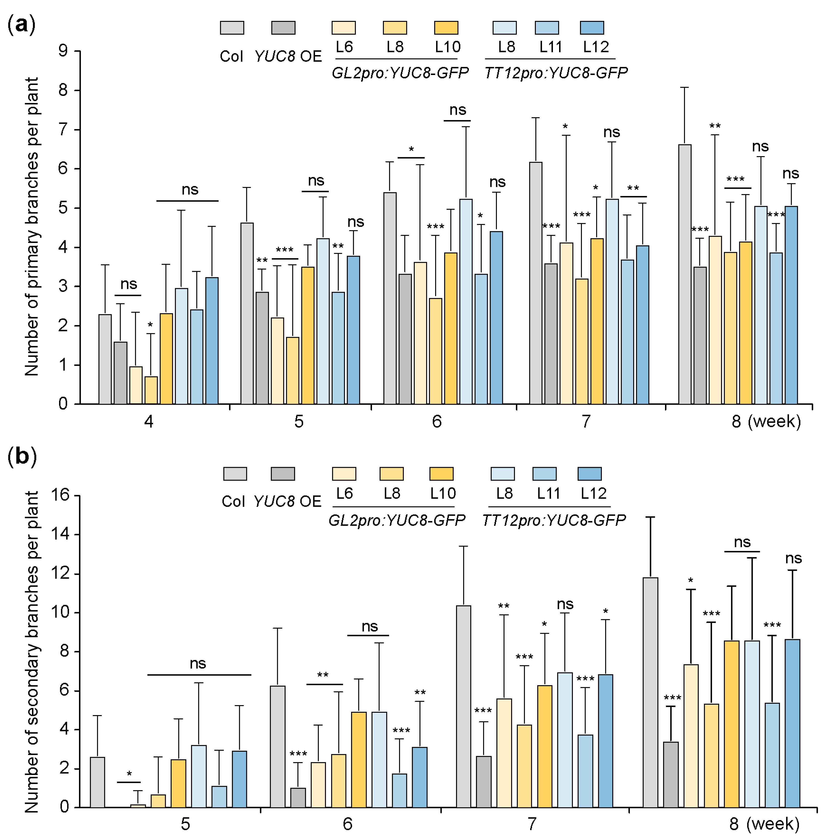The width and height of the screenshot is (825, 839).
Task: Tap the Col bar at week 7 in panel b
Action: [x=464, y=706]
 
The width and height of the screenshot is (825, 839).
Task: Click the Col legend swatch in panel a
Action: [x=232, y=28]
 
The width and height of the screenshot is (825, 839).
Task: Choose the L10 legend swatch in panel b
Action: [x=441, y=474]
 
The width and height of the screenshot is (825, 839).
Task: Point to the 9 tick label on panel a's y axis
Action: [x=63, y=51]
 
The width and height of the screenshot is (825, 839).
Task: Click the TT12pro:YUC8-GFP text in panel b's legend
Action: [x=554, y=520]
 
